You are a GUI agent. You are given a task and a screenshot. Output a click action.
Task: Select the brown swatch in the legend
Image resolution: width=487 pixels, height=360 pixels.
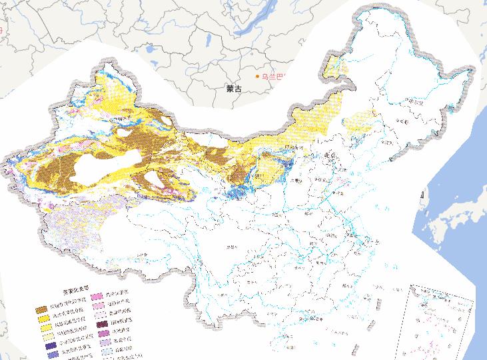point(42,310)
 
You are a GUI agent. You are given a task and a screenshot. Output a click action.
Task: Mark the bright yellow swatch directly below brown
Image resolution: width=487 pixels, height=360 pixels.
point(42,319)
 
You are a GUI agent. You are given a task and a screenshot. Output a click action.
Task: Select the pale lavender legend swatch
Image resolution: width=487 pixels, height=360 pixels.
point(102,345)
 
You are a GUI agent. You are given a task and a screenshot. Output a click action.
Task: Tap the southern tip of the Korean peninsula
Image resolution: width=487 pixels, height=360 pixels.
point(421,200)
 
